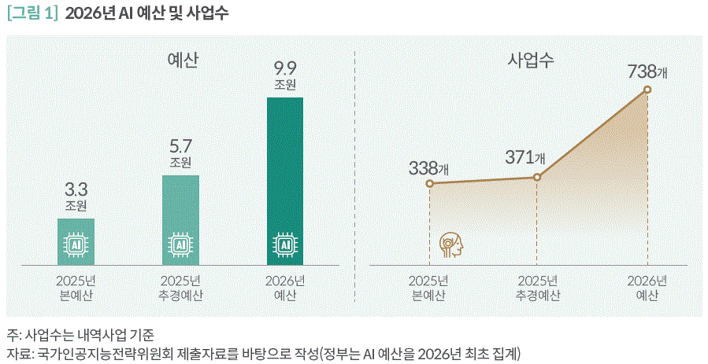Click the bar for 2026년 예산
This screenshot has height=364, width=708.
click(x=285, y=181)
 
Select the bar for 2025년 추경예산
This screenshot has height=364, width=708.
click(x=180, y=219)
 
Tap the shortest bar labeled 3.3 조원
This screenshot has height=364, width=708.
click(x=76, y=241)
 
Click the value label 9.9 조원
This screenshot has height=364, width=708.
click(x=285, y=75)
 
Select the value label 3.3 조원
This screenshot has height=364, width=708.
click(x=76, y=196)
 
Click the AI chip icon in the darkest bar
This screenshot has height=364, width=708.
click(x=285, y=245)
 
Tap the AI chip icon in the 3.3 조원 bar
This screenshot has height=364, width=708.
click(x=76, y=245)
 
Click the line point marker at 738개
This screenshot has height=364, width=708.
click(x=647, y=90)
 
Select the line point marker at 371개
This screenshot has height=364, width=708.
click(x=537, y=177)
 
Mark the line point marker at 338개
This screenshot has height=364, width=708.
click(x=429, y=184)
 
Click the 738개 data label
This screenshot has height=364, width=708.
click(x=647, y=72)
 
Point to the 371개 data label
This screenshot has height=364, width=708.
click(x=525, y=157)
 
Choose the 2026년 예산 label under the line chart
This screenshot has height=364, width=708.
click(x=647, y=289)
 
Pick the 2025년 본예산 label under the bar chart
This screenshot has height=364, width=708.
click(x=76, y=289)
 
